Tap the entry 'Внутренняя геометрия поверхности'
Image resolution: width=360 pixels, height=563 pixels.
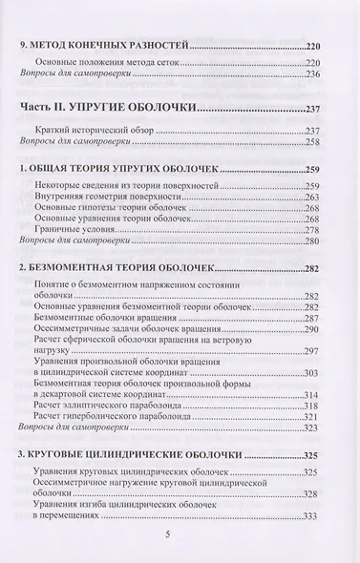(x=116, y=199)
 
